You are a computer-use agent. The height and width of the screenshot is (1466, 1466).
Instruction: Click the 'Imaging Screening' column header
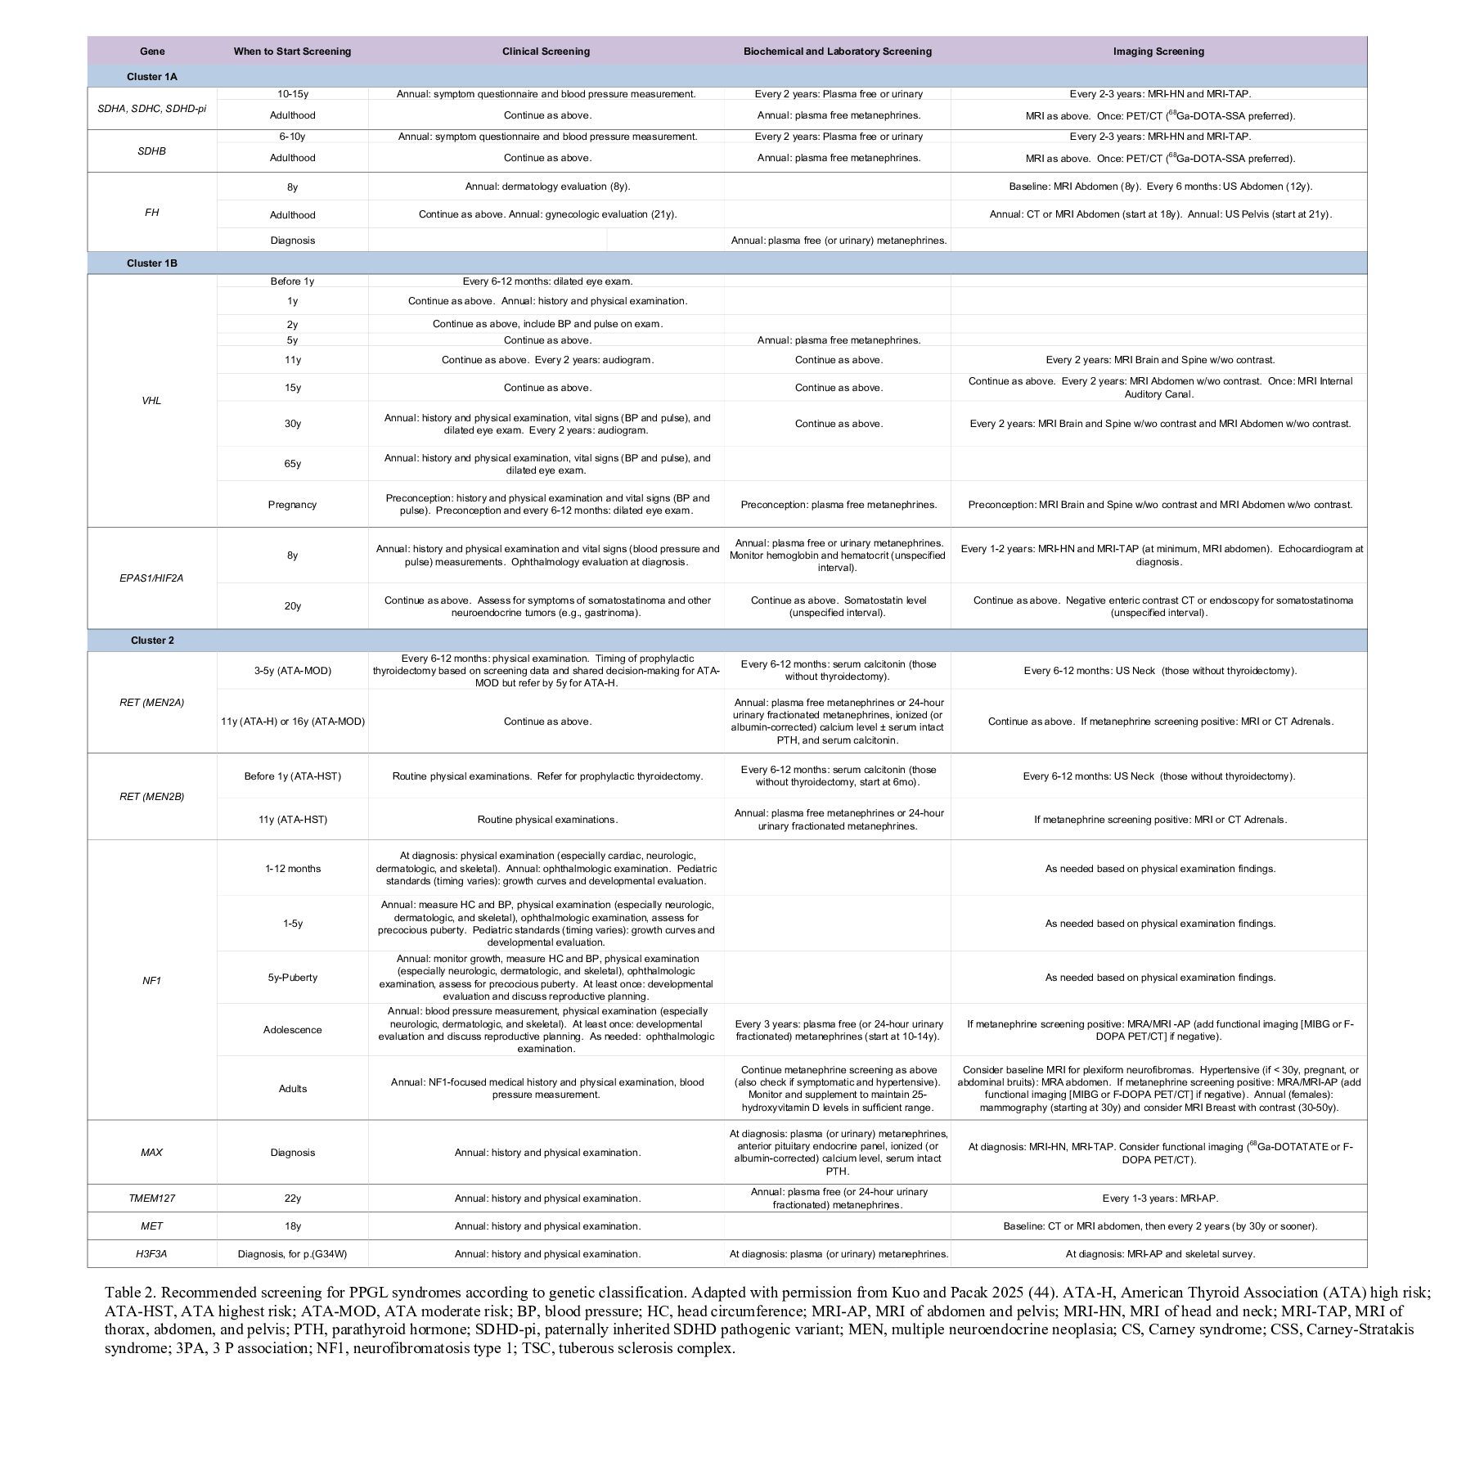(1158, 51)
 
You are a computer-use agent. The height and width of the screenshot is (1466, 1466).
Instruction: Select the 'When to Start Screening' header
(292, 51)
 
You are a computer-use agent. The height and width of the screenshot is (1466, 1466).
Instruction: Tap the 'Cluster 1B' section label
(152, 263)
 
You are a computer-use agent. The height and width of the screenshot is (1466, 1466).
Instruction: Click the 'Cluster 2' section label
(152, 640)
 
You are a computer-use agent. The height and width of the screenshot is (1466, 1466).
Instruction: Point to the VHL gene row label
(152, 401)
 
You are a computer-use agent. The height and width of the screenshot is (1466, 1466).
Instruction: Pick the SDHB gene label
(152, 151)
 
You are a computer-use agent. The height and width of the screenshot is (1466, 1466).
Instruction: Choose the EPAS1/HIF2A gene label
(152, 578)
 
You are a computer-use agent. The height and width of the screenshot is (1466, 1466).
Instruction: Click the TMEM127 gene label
(152, 1198)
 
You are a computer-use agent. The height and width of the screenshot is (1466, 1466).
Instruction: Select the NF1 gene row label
(152, 980)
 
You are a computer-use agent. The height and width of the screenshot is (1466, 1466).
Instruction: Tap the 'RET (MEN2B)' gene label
(152, 796)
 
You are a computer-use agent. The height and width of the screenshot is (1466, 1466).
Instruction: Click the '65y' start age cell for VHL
(292, 464)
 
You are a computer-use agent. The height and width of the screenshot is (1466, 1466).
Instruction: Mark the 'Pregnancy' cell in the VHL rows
(292, 505)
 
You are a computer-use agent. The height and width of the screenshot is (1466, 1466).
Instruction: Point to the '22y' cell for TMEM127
(292, 1198)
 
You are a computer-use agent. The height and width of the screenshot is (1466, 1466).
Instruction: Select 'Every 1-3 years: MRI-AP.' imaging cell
(1159, 1198)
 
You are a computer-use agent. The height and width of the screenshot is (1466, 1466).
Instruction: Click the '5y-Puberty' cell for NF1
(292, 978)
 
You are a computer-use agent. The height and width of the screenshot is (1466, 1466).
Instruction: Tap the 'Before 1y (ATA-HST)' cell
(292, 776)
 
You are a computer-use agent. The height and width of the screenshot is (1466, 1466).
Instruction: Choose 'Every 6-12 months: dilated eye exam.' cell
(547, 281)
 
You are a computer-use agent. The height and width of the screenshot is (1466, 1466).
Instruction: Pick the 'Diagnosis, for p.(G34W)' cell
(292, 1253)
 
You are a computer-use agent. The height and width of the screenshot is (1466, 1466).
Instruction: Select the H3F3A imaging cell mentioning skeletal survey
(1159, 1253)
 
